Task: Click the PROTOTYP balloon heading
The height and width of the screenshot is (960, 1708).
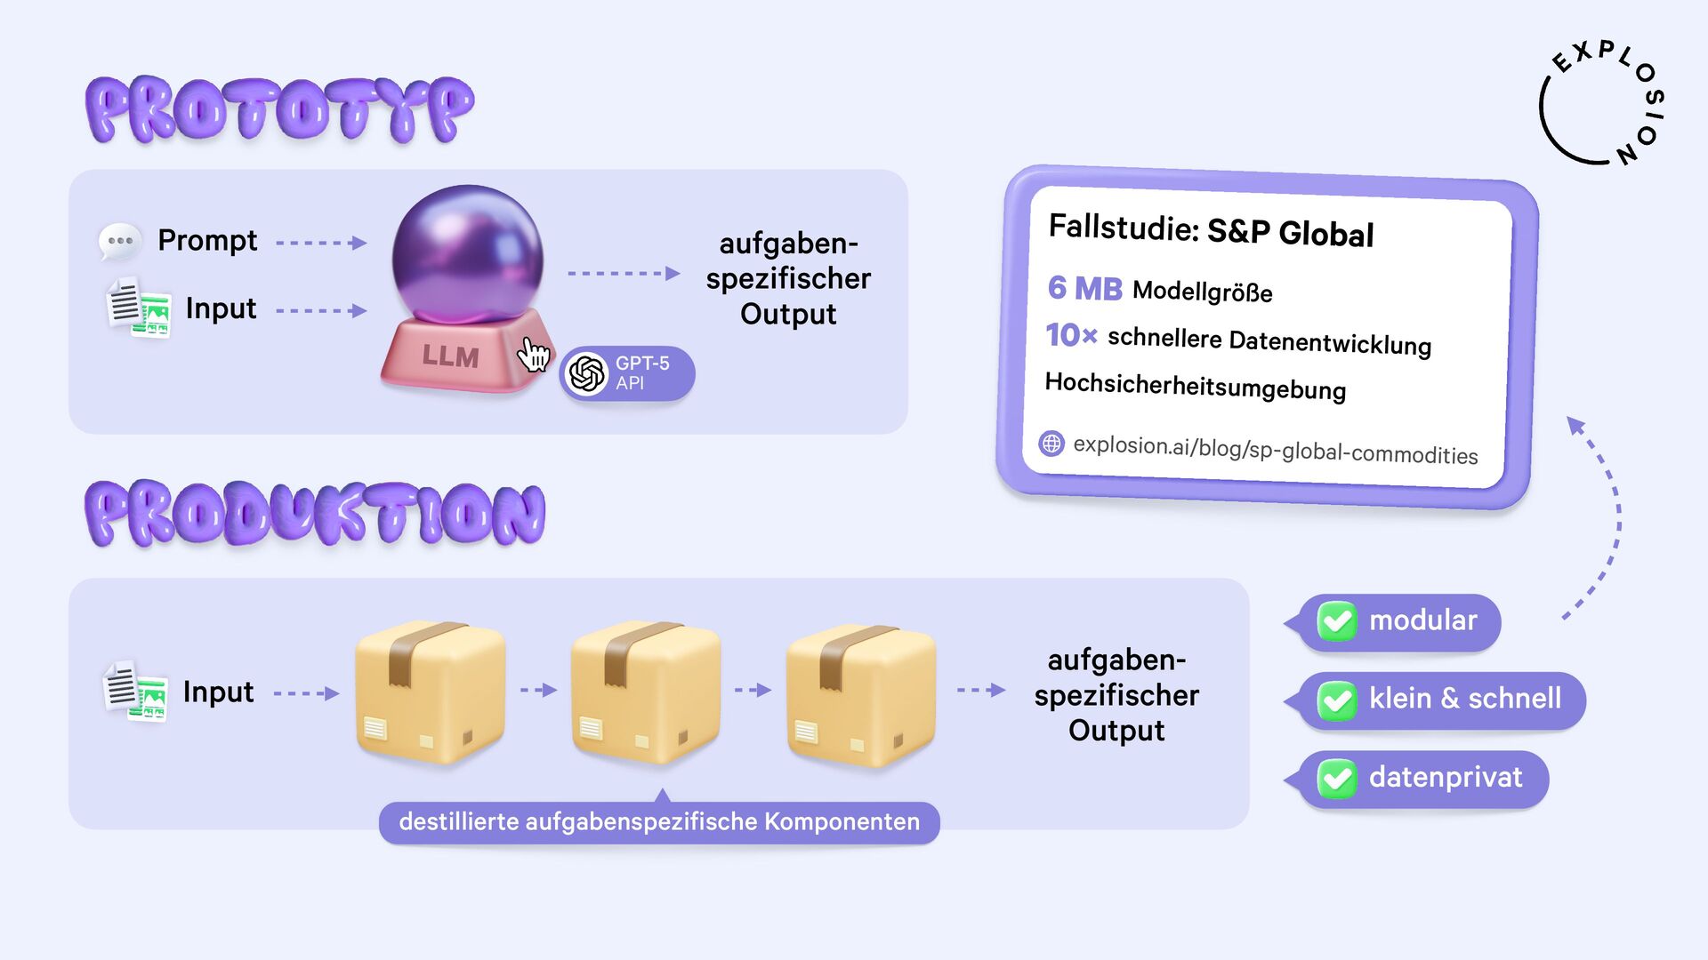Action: (x=279, y=110)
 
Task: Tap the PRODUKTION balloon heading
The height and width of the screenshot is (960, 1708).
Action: (x=315, y=514)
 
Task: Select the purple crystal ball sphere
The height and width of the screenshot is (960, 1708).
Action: (x=467, y=253)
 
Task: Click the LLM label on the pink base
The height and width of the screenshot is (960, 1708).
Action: (x=450, y=356)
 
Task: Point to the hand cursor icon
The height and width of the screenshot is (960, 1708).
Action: (x=534, y=354)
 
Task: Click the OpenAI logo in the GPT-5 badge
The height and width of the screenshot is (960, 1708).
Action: (x=587, y=373)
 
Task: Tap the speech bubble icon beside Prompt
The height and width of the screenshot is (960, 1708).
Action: (x=119, y=242)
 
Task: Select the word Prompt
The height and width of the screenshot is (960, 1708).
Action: (x=207, y=240)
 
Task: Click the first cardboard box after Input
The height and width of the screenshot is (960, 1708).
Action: (x=430, y=692)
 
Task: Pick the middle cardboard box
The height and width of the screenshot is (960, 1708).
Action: (x=645, y=692)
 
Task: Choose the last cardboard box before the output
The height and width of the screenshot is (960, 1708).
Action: (x=860, y=692)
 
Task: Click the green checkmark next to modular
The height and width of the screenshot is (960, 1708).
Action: (x=1337, y=621)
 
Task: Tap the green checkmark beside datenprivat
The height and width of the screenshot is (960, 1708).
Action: (x=1337, y=779)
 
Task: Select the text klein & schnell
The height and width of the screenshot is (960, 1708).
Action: (x=1464, y=699)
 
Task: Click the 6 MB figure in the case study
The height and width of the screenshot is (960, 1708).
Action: (x=1084, y=288)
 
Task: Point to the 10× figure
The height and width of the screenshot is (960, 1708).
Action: (x=1071, y=335)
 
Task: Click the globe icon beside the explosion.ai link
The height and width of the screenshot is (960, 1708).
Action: (x=1051, y=443)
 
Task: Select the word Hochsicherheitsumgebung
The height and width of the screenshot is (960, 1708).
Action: (x=1195, y=386)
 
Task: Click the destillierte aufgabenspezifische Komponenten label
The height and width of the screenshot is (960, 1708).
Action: (x=659, y=822)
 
